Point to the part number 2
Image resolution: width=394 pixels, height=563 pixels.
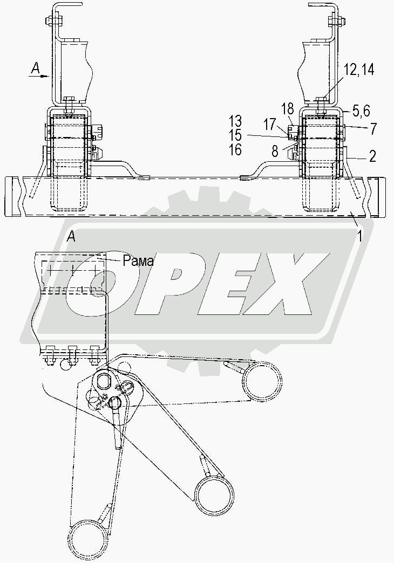coord(372,156)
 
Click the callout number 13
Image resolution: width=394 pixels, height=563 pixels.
coord(235,121)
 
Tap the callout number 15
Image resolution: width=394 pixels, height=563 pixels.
coord(235,135)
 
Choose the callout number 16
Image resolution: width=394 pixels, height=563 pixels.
coord(235,149)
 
